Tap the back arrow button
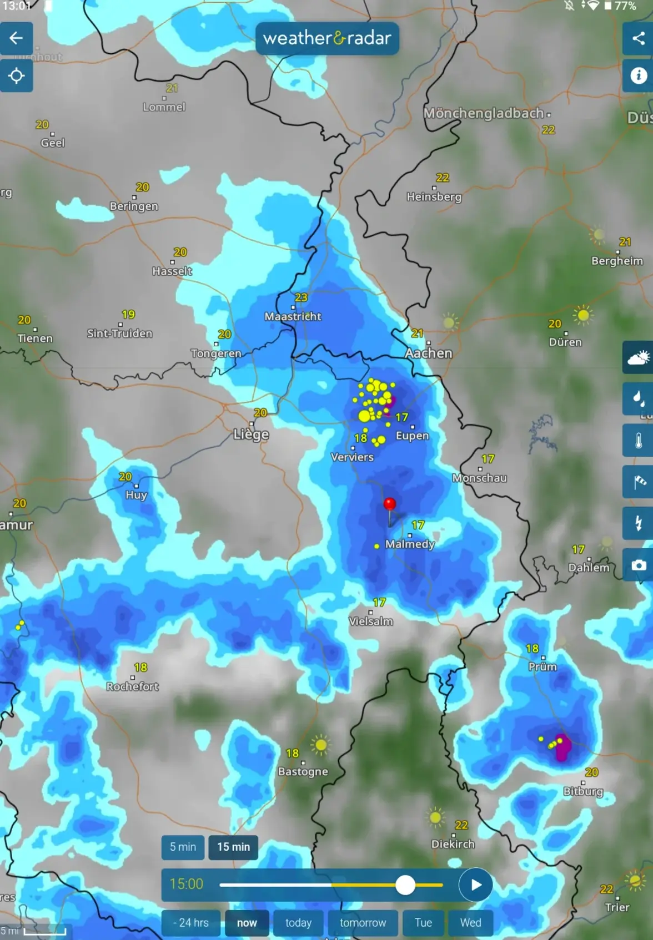tap(16, 38)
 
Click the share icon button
tap(638, 38)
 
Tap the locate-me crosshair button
tap(16, 75)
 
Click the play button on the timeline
tap(475, 885)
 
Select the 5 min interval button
tap(183, 847)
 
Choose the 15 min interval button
tap(233, 847)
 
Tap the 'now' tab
tap(247, 922)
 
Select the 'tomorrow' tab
tap(363, 922)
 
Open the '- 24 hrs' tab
tap(190, 922)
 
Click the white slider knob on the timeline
tap(405, 885)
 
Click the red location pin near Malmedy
tap(390, 504)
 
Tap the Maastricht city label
tap(293, 316)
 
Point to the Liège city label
tap(251, 434)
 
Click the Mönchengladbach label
tap(483, 113)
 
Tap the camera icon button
tap(638, 565)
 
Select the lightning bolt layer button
tap(638, 523)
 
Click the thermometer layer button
tap(638, 441)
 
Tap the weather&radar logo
tap(327, 38)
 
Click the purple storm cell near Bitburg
tap(562, 747)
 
